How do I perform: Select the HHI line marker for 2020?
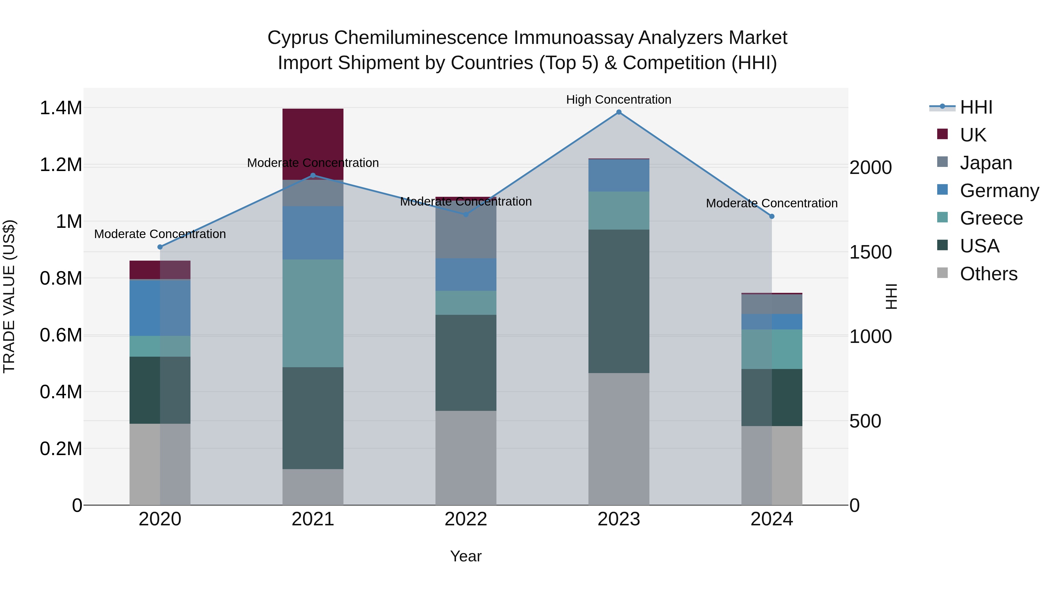coord(160,247)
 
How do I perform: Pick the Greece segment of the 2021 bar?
coord(313,313)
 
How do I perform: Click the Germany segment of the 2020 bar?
coord(160,307)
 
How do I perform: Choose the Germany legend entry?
coord(999,191)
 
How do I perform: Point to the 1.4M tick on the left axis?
coord(61,108)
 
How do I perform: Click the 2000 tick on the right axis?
coord(870,168)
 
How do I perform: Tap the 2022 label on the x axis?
coord(466,519)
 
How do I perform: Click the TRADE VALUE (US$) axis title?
coord(9,296)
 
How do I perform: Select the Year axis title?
coord(466,556)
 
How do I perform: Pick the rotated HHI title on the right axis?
coord(891,296)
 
